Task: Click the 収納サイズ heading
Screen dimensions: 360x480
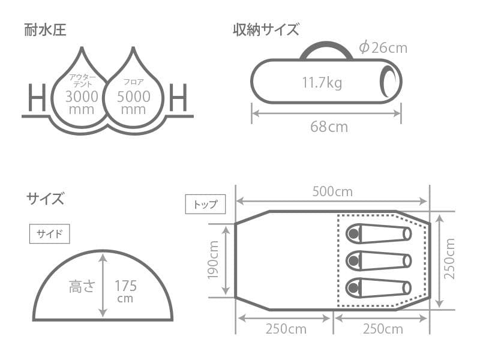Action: point(266,29)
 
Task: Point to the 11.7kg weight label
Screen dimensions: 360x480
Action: point(322,82)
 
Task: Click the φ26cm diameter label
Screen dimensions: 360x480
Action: point(382,47)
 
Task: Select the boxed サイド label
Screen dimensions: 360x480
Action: point(50,233)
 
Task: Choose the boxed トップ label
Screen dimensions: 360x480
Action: point(206,204)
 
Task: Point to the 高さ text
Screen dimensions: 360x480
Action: point(83,286)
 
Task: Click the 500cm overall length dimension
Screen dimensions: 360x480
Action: point(332,192)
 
